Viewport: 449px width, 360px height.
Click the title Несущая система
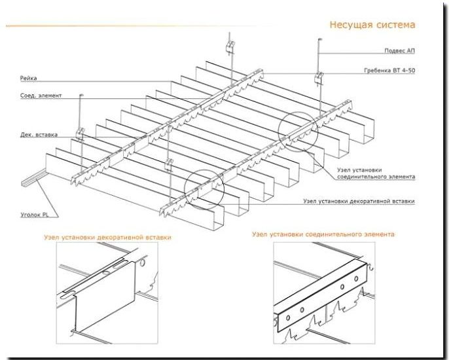372,25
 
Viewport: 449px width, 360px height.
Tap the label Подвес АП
399,51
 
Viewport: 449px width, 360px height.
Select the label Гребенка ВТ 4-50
389,71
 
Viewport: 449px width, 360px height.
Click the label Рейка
28,78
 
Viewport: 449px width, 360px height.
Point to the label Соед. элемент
41,96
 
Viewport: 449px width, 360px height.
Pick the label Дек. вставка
39,134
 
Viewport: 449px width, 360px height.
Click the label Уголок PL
34,215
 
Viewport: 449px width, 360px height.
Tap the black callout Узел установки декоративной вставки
359,202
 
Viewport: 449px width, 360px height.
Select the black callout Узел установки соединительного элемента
376,173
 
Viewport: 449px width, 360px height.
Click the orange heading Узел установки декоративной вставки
107,238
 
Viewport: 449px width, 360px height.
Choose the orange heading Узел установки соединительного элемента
323,234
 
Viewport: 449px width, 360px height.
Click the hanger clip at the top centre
230,46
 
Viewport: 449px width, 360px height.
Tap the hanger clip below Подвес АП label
319,78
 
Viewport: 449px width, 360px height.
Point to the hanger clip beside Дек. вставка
80,133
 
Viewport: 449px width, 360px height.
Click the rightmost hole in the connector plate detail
356,278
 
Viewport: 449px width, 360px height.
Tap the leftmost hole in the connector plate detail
288,317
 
